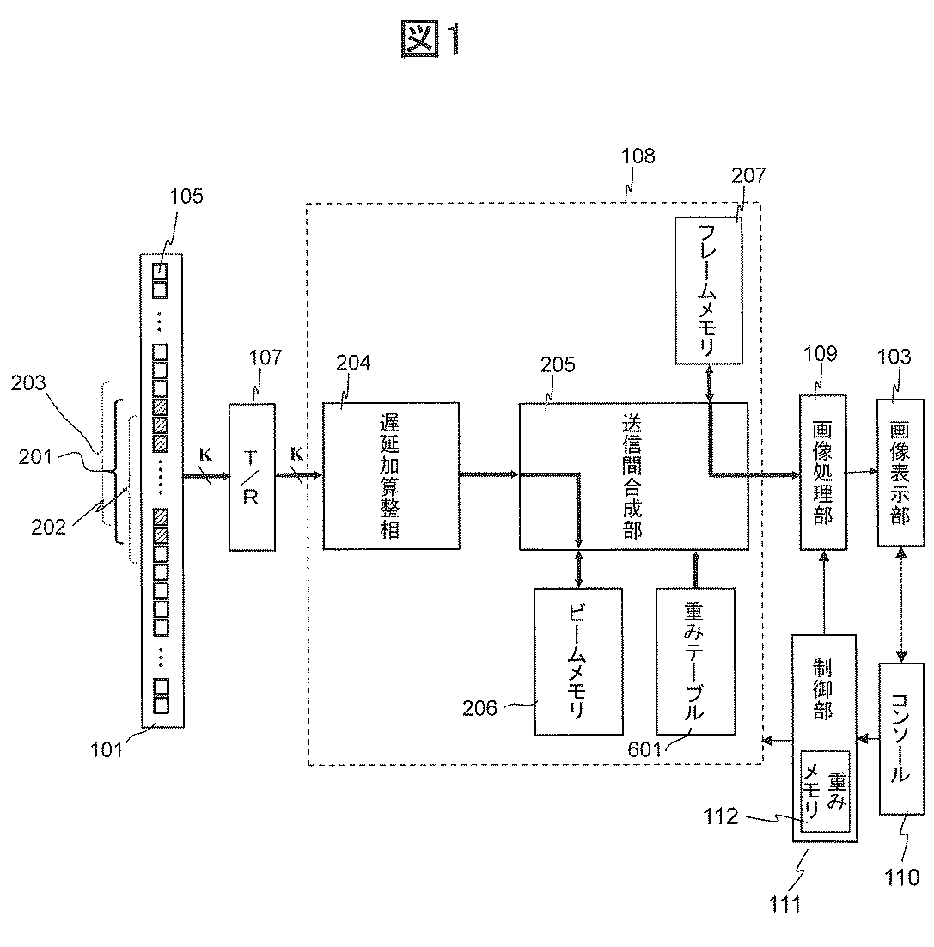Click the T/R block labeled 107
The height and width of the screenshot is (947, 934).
click(x=252, y=477)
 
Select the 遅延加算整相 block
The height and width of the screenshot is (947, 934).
click(x=391, y=476)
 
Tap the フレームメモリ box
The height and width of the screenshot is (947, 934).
click(x=708, y=290)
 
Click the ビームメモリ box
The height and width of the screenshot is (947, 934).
click(x=578, y=662)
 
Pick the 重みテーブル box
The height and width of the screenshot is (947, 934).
click(x=695, y=662)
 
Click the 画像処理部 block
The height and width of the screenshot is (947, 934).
click(x=823, y=473)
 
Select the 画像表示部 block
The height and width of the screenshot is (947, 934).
click(x=900, y=473)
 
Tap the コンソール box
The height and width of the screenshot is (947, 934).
click(x=901, y=739)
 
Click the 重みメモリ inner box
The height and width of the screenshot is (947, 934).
click(x=825, y=791)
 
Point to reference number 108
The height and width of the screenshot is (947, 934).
click(x=638, y=156)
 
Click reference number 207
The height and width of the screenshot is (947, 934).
click(x=748, y=175)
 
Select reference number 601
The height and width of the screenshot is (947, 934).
click(x=644, y=749)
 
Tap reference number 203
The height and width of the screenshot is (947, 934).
click(x=28, y=382)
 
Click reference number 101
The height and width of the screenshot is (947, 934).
click(x=107, y=749)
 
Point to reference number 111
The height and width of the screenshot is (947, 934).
click(x=784, y=904)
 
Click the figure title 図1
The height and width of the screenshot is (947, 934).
click(x=431, y=40)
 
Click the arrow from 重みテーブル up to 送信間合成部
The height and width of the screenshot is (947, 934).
click(x=695, y=569)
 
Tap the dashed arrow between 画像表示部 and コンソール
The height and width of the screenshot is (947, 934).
click(x=901, y=605)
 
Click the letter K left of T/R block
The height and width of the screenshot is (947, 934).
click(x=205, y=455)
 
